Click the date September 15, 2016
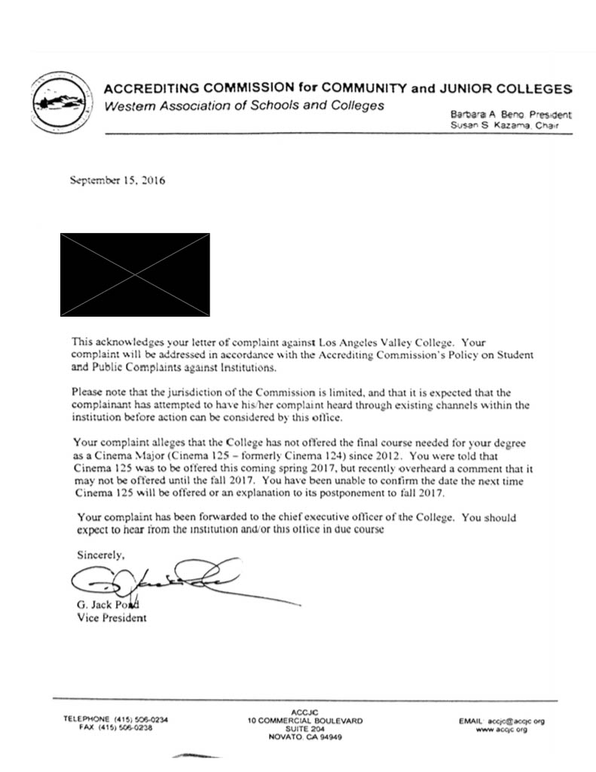pos(117,181)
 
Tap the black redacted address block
pos(135,274)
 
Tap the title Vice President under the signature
pos(112,618)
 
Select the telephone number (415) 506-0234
pos(140,721)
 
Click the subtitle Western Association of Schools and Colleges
pos(243,106)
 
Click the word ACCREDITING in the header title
pos(146,88)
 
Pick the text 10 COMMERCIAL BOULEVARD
pos(304,721)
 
